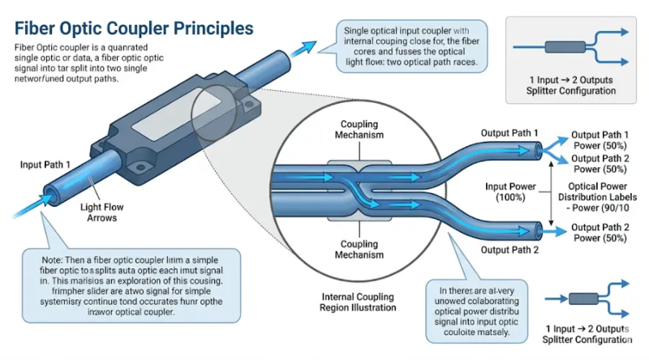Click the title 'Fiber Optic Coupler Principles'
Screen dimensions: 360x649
point(134,28)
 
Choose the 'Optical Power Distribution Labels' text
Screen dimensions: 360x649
point(601,192)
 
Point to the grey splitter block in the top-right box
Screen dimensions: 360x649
point(552,44)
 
